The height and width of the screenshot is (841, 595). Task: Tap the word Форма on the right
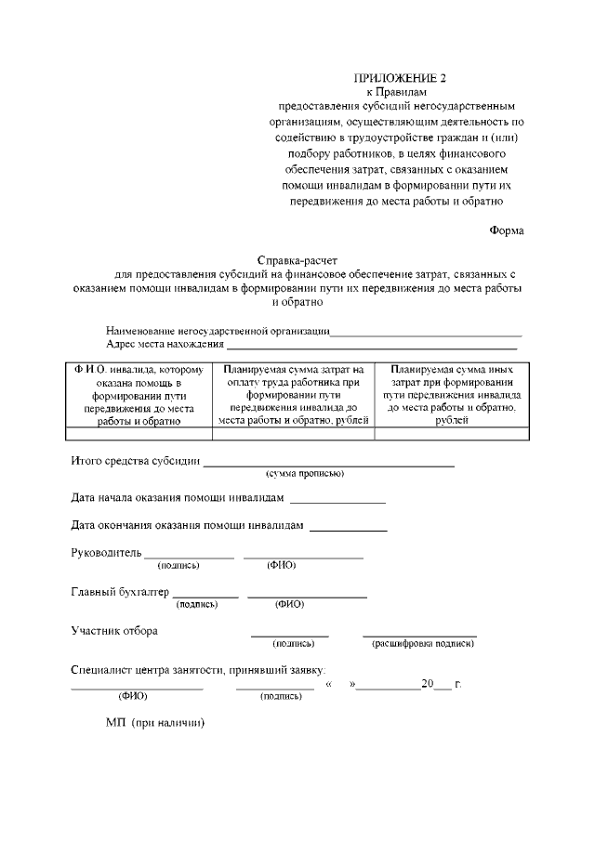click(507, 231)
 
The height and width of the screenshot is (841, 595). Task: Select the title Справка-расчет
click(297, 261)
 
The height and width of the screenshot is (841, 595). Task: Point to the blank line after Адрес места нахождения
click(371, 346)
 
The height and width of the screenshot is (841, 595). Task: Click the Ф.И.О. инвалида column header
click(139, 395)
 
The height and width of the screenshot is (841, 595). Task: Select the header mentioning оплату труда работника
click(294, 395)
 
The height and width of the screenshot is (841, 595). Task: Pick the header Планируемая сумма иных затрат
click(452, 395)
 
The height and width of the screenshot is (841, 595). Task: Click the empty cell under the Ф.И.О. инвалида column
click(139, 432)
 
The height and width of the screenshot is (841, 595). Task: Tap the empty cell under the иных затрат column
click(452, 432)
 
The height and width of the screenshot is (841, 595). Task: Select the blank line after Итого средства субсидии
click(329, 462)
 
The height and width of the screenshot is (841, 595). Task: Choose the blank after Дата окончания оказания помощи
click(348, 529)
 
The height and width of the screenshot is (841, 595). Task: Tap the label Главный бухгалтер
click(120, 592)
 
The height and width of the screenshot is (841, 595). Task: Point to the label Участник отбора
click(114, 631)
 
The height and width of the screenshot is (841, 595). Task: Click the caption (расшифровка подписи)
click(423, 643)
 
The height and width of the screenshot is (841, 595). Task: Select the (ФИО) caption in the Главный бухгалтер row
click(289, 604)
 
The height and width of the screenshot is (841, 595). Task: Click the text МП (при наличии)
click(154, 722)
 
